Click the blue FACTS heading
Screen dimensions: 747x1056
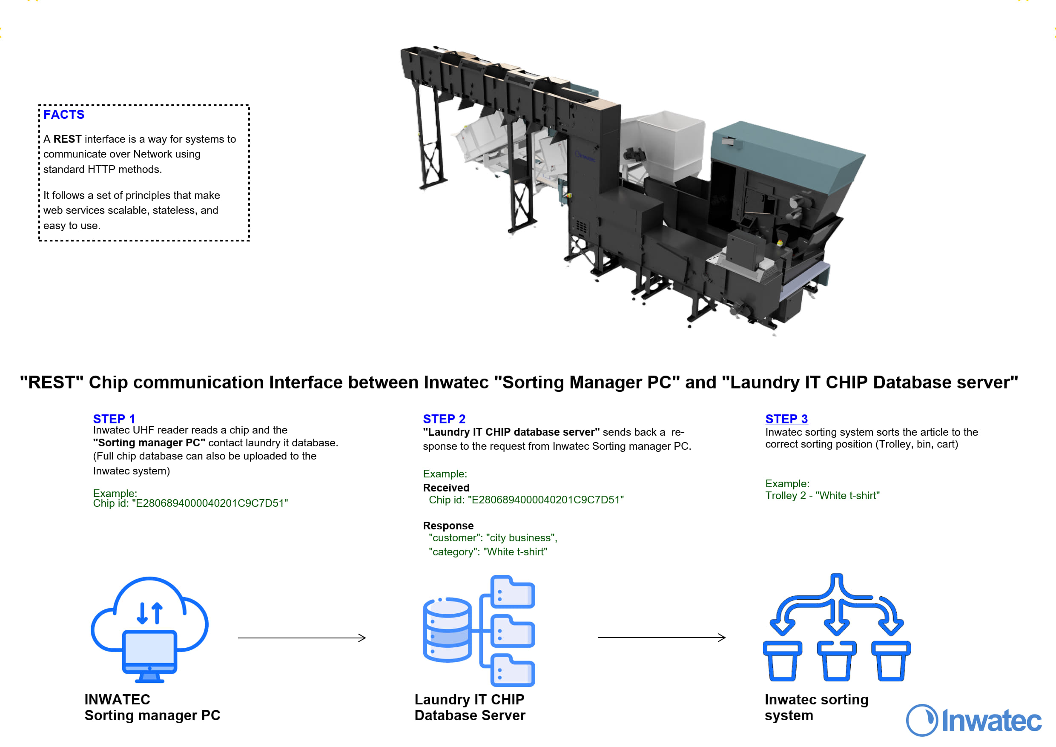(64, 115)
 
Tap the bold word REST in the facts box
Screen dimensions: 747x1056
(67, 139)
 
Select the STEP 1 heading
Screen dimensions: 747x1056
(114, 419)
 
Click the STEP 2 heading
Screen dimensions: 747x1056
(444, 419)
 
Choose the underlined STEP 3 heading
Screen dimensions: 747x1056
(786, 419)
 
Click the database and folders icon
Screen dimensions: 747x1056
(479, 631)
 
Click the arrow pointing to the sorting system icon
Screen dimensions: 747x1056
(661, 638)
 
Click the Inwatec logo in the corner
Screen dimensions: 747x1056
(974, 720)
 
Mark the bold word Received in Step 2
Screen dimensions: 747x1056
(446, 488)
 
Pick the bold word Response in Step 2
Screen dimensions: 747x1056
(448, 525)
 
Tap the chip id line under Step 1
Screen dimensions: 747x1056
(190, 503)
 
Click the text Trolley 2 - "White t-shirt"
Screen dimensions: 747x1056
(822, 495)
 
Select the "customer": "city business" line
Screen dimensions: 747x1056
(493, 538)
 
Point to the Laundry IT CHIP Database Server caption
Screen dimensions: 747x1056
(470, 707)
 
